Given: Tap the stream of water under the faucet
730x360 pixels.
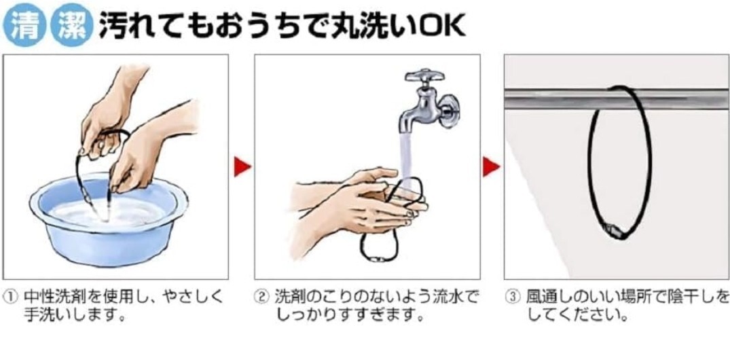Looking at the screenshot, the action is (x=407, y=158).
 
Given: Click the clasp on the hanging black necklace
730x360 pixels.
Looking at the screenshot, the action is (x=615, y=230).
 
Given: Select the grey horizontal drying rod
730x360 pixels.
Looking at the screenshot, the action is (x=617, y=99).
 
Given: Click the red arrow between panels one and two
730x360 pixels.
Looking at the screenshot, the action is (x=242, y=166).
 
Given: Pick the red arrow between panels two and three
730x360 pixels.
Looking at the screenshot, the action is (x=491, y=166).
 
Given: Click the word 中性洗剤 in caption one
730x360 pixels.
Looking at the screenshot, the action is (x=52, y=296).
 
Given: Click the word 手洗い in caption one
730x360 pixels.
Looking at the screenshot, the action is (x=45, y=315).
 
